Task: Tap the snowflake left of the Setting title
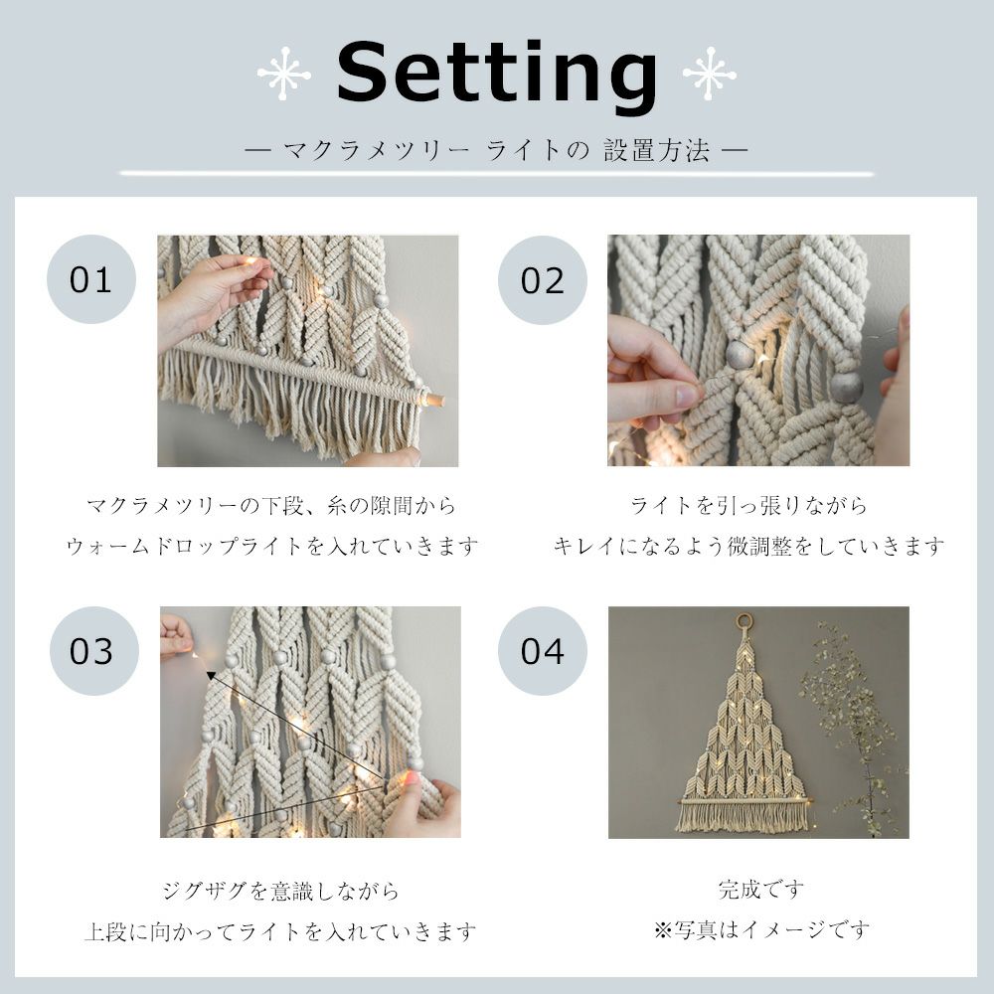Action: (x=284, y=75)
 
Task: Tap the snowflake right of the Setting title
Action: (x=710, y=75)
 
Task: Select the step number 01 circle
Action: (x=91, y=279)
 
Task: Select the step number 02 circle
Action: (x=543, y=280)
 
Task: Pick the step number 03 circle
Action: (x=94, y=651)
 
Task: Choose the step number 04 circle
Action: (x=543, y=651)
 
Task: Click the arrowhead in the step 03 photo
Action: (x=211, y=676)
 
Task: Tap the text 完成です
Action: (x=761, y=890)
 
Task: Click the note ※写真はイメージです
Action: (x=761, y=930)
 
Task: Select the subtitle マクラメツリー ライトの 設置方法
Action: (x=496, y=151)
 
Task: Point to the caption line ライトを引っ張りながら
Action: (x=748, y=505)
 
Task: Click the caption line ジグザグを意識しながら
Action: (x=281, y=891)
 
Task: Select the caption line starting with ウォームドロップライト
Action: (x=272, y=546)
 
